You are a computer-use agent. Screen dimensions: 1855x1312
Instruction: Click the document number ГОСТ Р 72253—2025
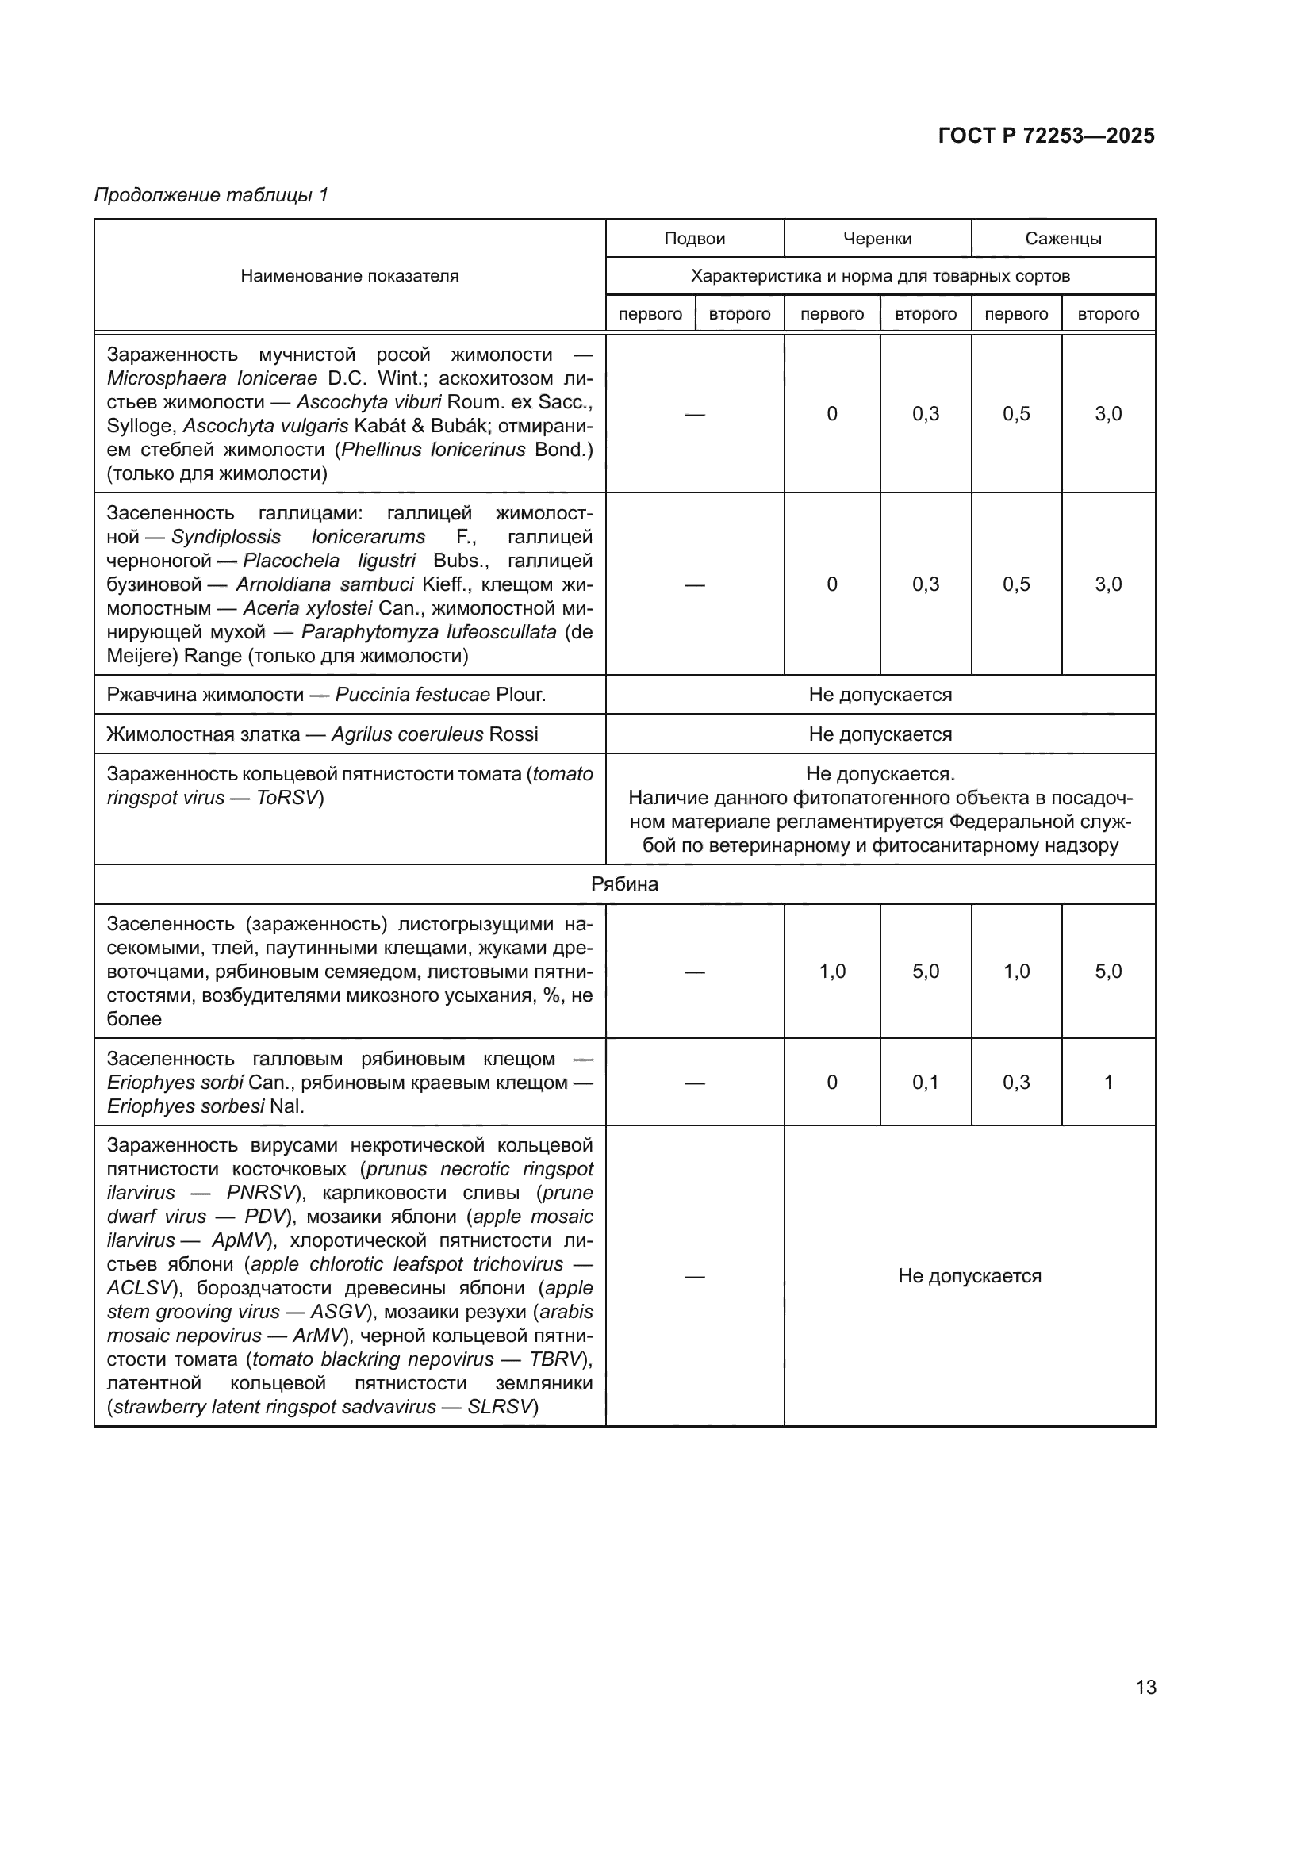tap(1046, 136)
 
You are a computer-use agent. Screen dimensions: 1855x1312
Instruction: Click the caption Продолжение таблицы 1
tap(212, 195)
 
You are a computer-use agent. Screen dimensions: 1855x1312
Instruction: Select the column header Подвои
tap(695, 239)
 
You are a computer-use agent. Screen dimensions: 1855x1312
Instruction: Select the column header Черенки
tap(877, 239)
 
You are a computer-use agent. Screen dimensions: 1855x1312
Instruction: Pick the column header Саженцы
tap(1063, 239)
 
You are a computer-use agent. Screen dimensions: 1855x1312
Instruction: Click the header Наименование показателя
tap(349, 275)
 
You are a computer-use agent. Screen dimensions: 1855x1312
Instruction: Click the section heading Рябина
tap(624, 883)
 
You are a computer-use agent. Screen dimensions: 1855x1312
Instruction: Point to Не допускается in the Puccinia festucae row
tap(880, 695)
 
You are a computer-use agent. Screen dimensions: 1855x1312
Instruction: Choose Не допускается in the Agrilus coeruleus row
tap(880, 734)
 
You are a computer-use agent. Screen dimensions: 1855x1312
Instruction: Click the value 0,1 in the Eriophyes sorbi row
tap(926, 1082)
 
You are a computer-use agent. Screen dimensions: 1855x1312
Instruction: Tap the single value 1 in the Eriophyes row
tap(1108, 1082)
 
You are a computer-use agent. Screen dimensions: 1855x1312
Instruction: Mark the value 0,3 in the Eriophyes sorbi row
tap(1016, 1082)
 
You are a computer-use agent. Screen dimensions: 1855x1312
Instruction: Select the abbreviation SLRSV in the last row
tap(501, 1407)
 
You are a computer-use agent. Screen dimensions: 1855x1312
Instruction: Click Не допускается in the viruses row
tap(969, 1276)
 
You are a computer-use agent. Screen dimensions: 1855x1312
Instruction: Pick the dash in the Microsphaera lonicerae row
tap(695, 414)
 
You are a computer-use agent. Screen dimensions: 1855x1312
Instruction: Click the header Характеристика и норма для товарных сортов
tap(880, 275)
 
